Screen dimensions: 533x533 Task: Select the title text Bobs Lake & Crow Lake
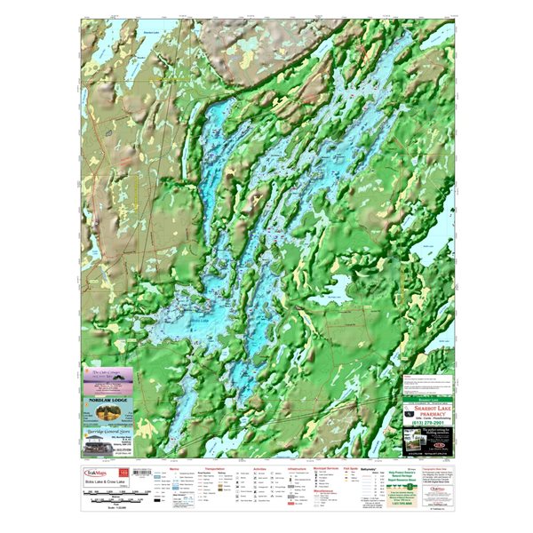(104, 482)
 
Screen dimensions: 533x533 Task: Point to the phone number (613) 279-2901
(427, 423)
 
